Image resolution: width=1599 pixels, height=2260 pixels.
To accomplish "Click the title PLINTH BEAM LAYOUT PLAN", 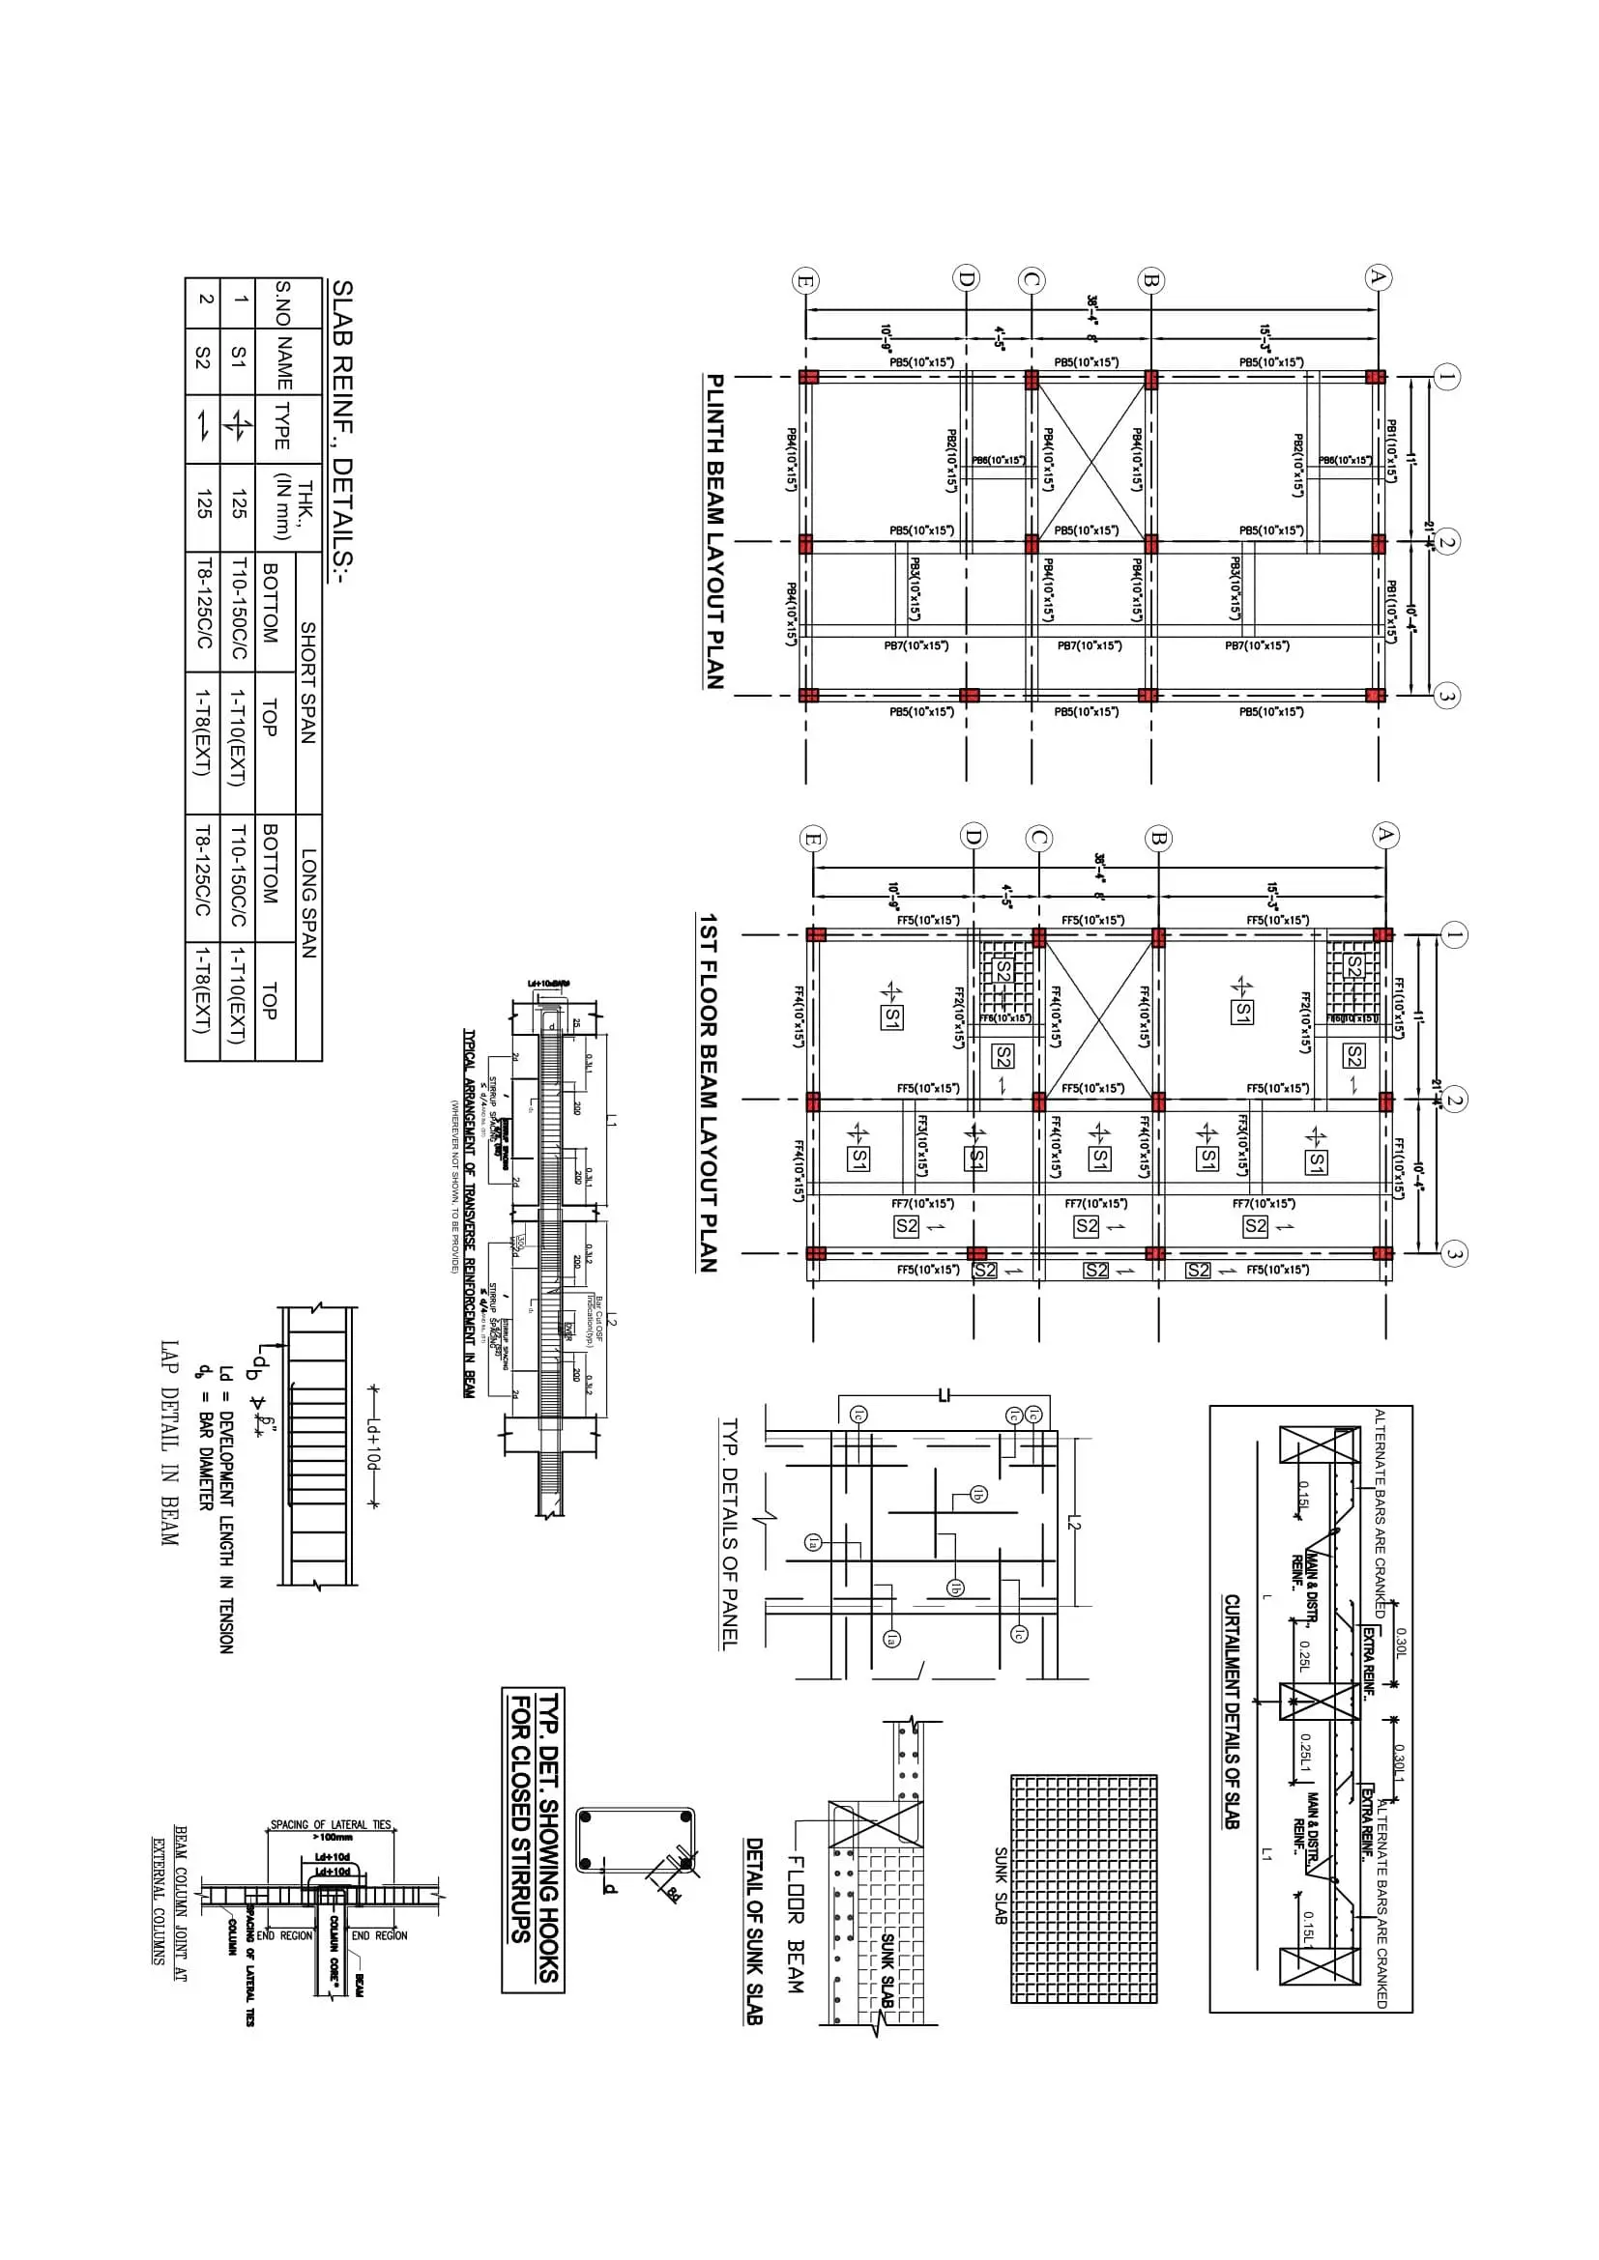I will click(x=714, y=531).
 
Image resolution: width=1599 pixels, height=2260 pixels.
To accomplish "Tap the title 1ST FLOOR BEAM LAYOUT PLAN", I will click(x=708, y=1093).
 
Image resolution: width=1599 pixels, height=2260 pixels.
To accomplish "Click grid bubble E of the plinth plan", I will click(x=805, y=281).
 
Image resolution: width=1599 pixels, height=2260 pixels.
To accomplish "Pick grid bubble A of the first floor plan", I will click(x=1385, y=836).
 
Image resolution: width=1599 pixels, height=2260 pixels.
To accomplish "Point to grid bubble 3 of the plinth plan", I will click(x=1445, y=696).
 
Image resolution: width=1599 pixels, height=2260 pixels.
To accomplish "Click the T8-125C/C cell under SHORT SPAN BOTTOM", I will click(x=203, y=603).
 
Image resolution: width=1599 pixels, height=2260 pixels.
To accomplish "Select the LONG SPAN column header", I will click(x=308, y=902).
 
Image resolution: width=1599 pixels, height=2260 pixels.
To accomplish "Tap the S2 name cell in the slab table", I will click(x=203, y=358).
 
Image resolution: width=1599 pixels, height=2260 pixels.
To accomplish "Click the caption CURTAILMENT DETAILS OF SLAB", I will click(x=1232, y=1711).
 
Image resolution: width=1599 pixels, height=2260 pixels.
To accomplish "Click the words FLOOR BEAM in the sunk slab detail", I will click(x=795, y=1924).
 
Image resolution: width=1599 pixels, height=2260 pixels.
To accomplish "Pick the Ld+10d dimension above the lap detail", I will click(x=372, y=1446).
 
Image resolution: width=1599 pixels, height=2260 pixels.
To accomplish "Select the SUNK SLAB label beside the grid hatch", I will click(x=1001, y=1885).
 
